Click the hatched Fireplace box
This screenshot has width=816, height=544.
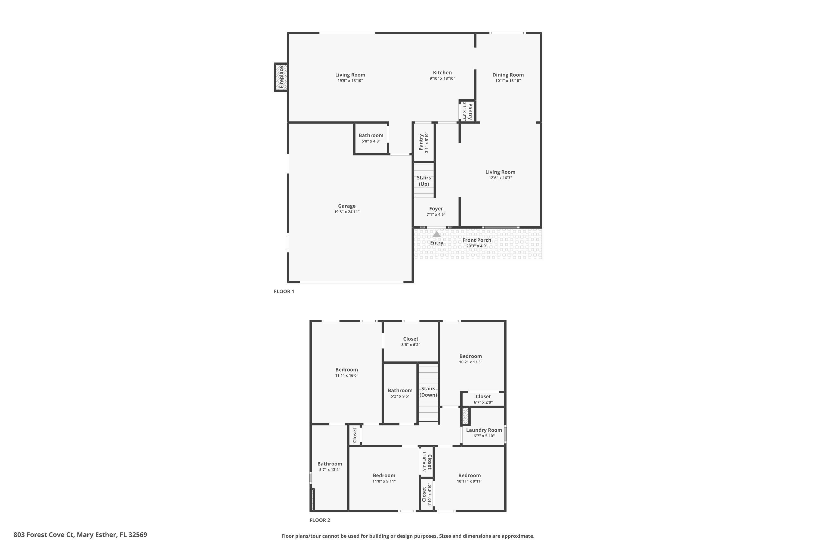click(x=281, y=77)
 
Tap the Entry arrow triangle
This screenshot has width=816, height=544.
click(x=437, y=234)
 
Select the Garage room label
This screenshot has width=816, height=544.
click(x=347, y=206)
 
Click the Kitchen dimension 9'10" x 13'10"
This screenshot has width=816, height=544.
click(x=442, y=78)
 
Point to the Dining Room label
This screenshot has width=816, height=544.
click(x=508, y=75)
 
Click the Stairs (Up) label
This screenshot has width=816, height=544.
click(x=424, y=181)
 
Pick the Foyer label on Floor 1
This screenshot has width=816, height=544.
click(x=436, y=209)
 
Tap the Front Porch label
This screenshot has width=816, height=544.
click(x=476, y=240)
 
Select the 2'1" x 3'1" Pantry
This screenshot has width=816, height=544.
click(x=467, y=111)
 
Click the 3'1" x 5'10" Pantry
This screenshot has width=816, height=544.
click(x=423, y=142)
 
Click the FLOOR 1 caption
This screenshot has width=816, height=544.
click(x=284, y=291)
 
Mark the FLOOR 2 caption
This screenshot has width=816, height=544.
click(x=320, y=520)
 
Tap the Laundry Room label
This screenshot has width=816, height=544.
click(x=484, y=430)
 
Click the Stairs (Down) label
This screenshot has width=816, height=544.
click(x=428, y=392)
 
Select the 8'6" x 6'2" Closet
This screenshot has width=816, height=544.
click(x=410, y=341)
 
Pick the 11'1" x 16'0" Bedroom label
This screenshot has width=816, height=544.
click(x=346, y=370)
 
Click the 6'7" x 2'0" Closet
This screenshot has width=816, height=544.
click(x=483, y=399)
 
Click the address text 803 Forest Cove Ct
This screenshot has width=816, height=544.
click(x=44, y=535)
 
